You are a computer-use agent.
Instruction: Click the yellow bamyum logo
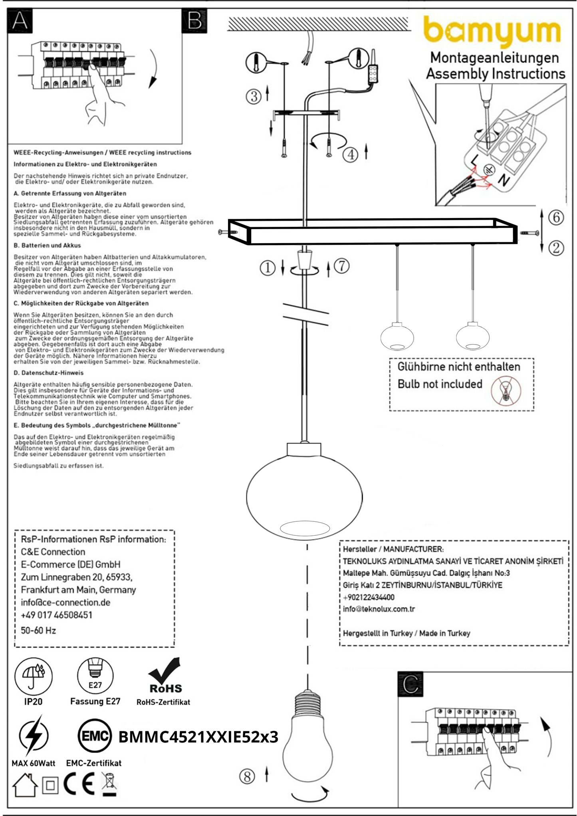click(492, 32)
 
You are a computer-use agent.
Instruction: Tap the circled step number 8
click(247, 776)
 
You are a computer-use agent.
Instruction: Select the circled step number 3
click(254, 96)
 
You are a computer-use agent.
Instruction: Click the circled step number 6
click(556, 218)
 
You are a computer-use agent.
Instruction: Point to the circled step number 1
click(268, 267)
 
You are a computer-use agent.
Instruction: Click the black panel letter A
click(20, 21)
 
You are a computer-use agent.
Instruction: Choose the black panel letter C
click(410, 685)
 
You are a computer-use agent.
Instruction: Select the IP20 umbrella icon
click(33, 676)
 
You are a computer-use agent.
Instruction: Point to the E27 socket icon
click(95, 676)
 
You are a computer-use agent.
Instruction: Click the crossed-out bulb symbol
click(506, 390)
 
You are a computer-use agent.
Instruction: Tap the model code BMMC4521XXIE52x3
click(198, 737)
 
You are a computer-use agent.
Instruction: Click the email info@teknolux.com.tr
click(379, 609)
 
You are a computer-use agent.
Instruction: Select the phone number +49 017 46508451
click(57, 615)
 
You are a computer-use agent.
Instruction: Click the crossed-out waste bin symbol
click(109, 784)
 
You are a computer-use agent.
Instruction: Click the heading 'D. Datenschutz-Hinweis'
click(49, 373)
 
